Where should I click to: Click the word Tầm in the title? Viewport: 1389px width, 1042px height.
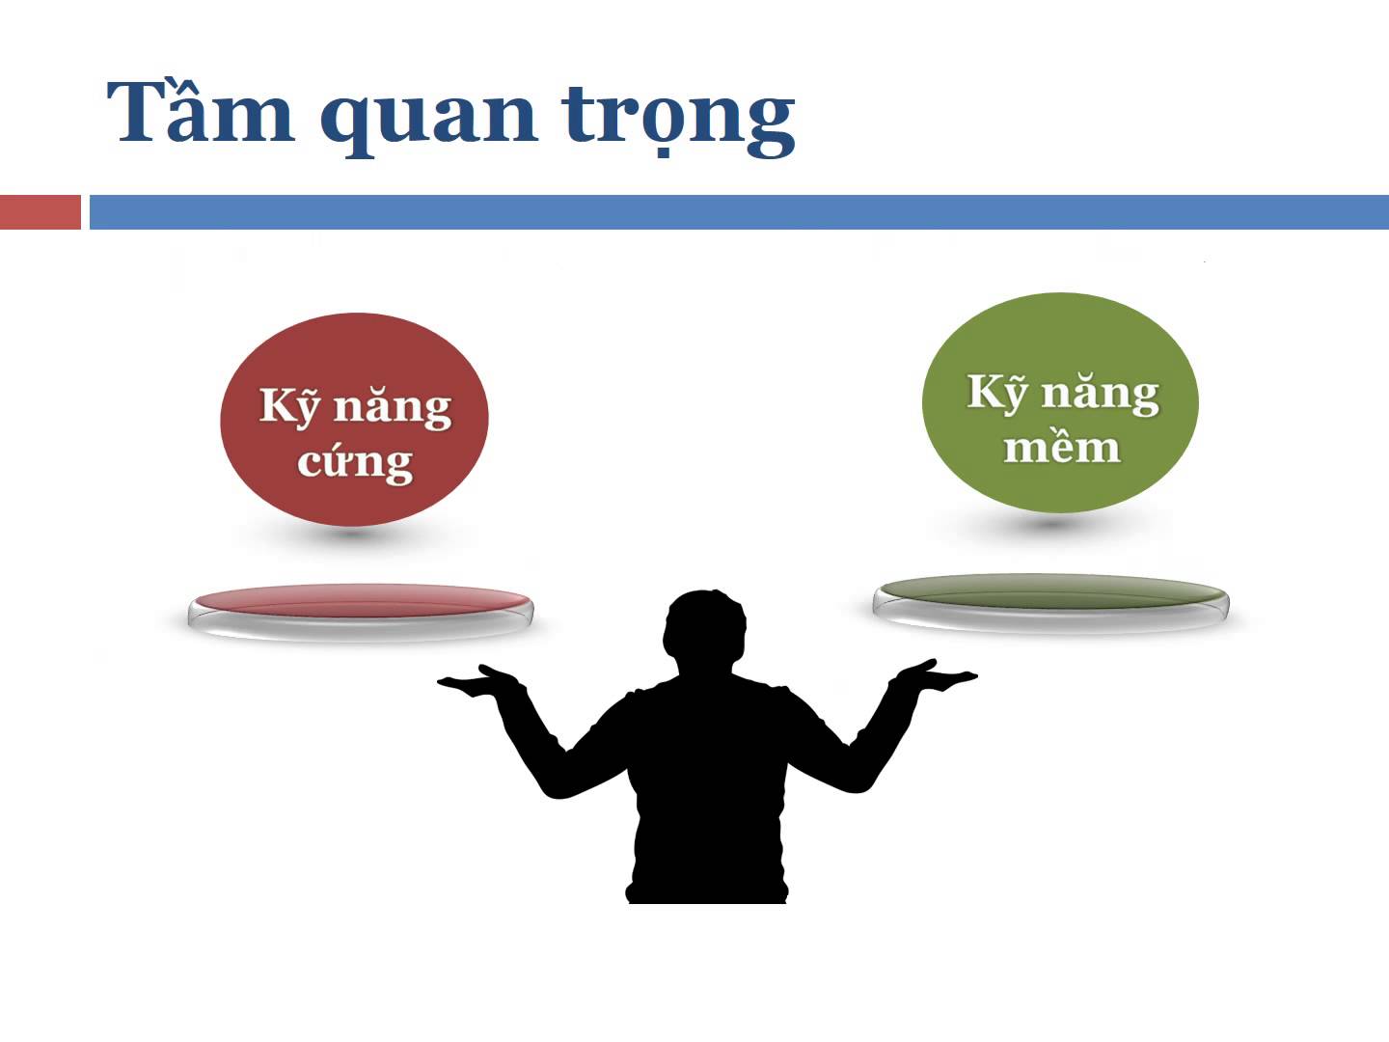coord(201,111)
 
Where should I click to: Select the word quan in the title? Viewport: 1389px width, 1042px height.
coord(429,122)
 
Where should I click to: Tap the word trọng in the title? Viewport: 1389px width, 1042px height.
coord(678,121)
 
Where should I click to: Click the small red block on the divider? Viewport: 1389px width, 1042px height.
coord(41,212)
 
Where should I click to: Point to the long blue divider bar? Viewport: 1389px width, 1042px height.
coord(739,212)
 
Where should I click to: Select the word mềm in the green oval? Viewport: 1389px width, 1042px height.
coord(1062,447)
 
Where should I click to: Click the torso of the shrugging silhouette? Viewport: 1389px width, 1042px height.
coord(707,791)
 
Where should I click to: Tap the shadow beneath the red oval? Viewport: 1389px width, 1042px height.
coord(354,535)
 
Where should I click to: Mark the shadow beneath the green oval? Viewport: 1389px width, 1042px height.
coord(1053,523)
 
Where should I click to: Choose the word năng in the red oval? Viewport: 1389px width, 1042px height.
coord(393,408)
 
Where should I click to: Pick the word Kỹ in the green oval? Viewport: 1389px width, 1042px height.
coord(997,393)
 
